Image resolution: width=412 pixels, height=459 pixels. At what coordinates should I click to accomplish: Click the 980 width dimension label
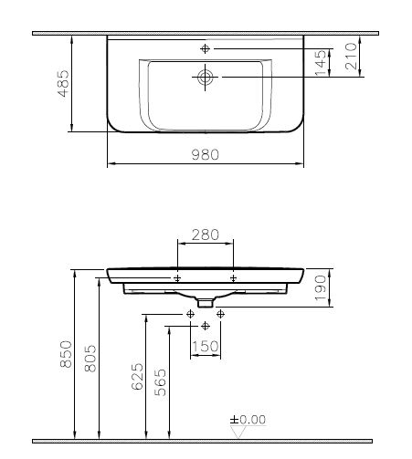click(x=206, y=156)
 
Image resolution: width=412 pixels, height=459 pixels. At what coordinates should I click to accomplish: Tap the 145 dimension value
click(x=320, y=63)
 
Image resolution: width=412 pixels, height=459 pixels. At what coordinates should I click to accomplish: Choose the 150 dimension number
click(x=205, y=347)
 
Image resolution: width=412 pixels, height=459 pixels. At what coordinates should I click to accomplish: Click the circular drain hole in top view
click(x=205, y=78)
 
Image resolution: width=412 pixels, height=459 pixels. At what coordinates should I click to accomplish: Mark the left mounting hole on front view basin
click(x=177, y=276)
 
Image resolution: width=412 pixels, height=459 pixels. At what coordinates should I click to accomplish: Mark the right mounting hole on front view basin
click(x=234, y=276)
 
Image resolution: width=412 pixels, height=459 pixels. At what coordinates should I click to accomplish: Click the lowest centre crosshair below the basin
click(x=205, y=324)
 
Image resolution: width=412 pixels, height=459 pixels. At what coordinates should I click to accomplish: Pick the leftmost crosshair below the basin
click(x=189, y=314)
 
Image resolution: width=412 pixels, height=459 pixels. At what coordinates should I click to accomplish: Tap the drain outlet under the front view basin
click(x=206, y=299)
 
